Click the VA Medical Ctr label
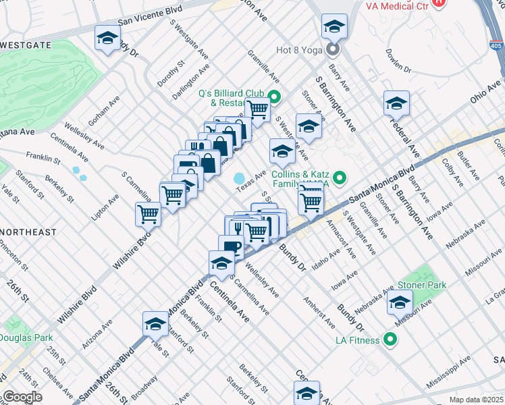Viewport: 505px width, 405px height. pyautogui.click(x=397, y=5)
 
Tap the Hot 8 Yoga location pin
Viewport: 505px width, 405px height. pyautogui.click(x=333, y=49)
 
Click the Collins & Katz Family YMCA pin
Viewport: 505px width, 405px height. pyautogui.click(x=340, y=179)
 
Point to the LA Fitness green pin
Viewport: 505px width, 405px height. pyautogui.click(x=389, y=340)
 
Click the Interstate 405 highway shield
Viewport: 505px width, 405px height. pyautogui.click(x=496, y=47)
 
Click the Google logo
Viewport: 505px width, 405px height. pyautogui.click(x=22, y=396)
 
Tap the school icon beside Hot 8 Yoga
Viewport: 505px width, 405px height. pyautogui.click(x=334, y=27)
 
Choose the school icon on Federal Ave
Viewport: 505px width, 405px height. pyautogui.click(x=396, y=104)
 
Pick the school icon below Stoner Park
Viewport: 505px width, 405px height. pyautogui.click(x=400, y=303)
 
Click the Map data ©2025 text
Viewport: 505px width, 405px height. pyautogui.click(x=476, y=400)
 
